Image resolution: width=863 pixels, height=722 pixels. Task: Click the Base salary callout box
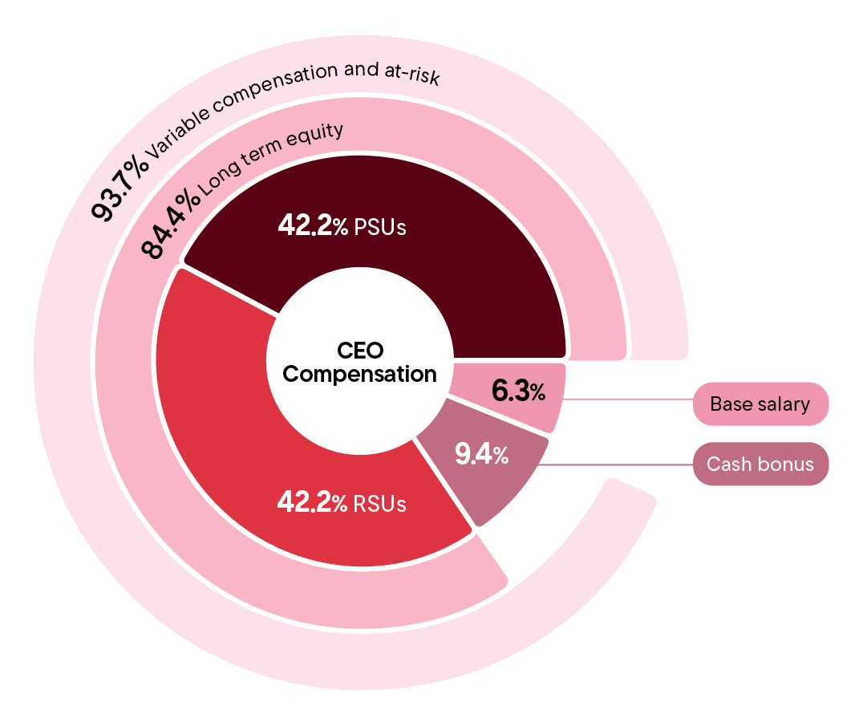pyautogui.click(x=760, y=404)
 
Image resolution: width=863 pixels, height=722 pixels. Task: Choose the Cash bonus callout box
pyautogui.click(x=760, y=464)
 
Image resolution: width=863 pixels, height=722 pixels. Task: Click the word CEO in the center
pyautogui.click(x=360, y=351)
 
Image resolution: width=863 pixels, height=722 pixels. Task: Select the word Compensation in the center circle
pyautogui.click(x=360, y=374)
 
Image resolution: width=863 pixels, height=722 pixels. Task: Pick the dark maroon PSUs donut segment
pyautogui.click(x=449, y=273)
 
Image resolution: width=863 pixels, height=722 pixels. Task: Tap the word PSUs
pyautogui.click(x=380, y=227)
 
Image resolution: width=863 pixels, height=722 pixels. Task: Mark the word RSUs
pyautogui.click(x=380, y=504)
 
